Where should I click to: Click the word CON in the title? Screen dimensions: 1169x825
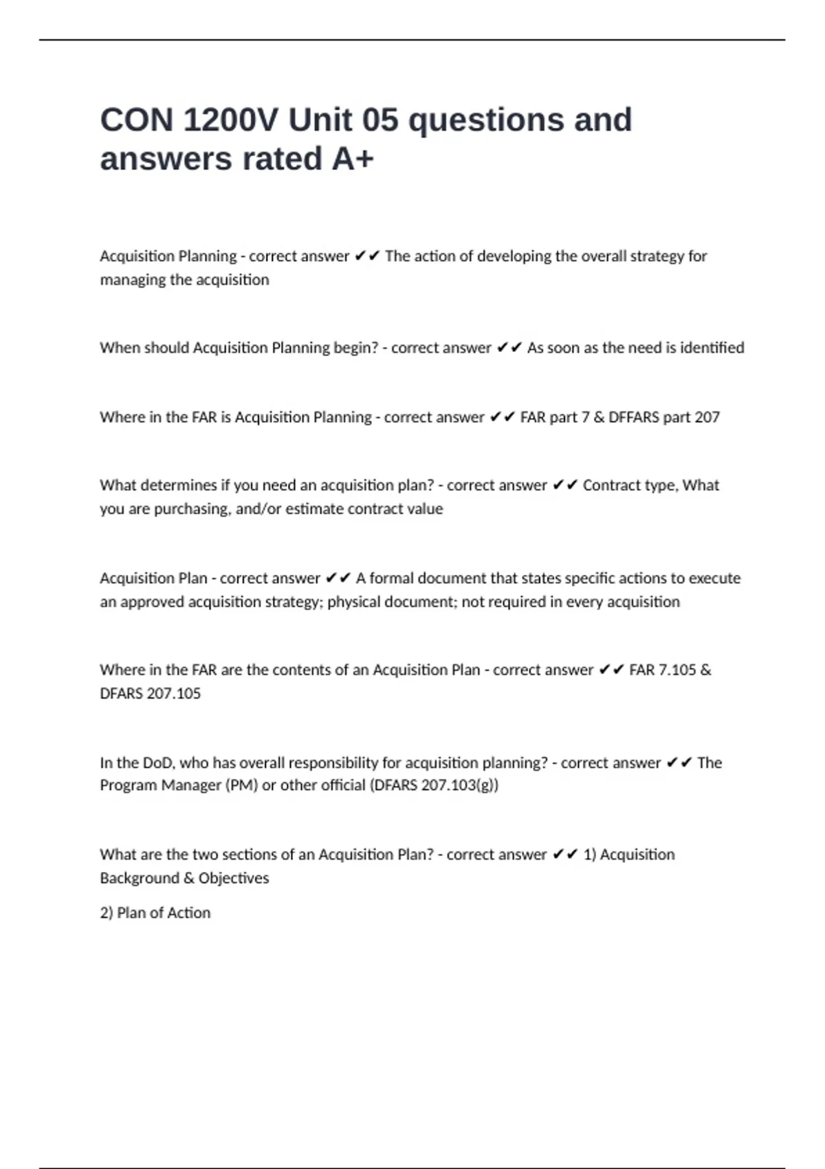click(x=136, y=120)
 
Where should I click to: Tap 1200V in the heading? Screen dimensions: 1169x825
click(x=230, y=120)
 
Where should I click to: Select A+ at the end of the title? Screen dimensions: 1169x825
click(x=353, y=159)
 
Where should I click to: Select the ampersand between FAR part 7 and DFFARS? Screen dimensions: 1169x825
click(x=598, y=417)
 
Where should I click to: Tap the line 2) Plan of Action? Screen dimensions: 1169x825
click(x=155, y=913)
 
